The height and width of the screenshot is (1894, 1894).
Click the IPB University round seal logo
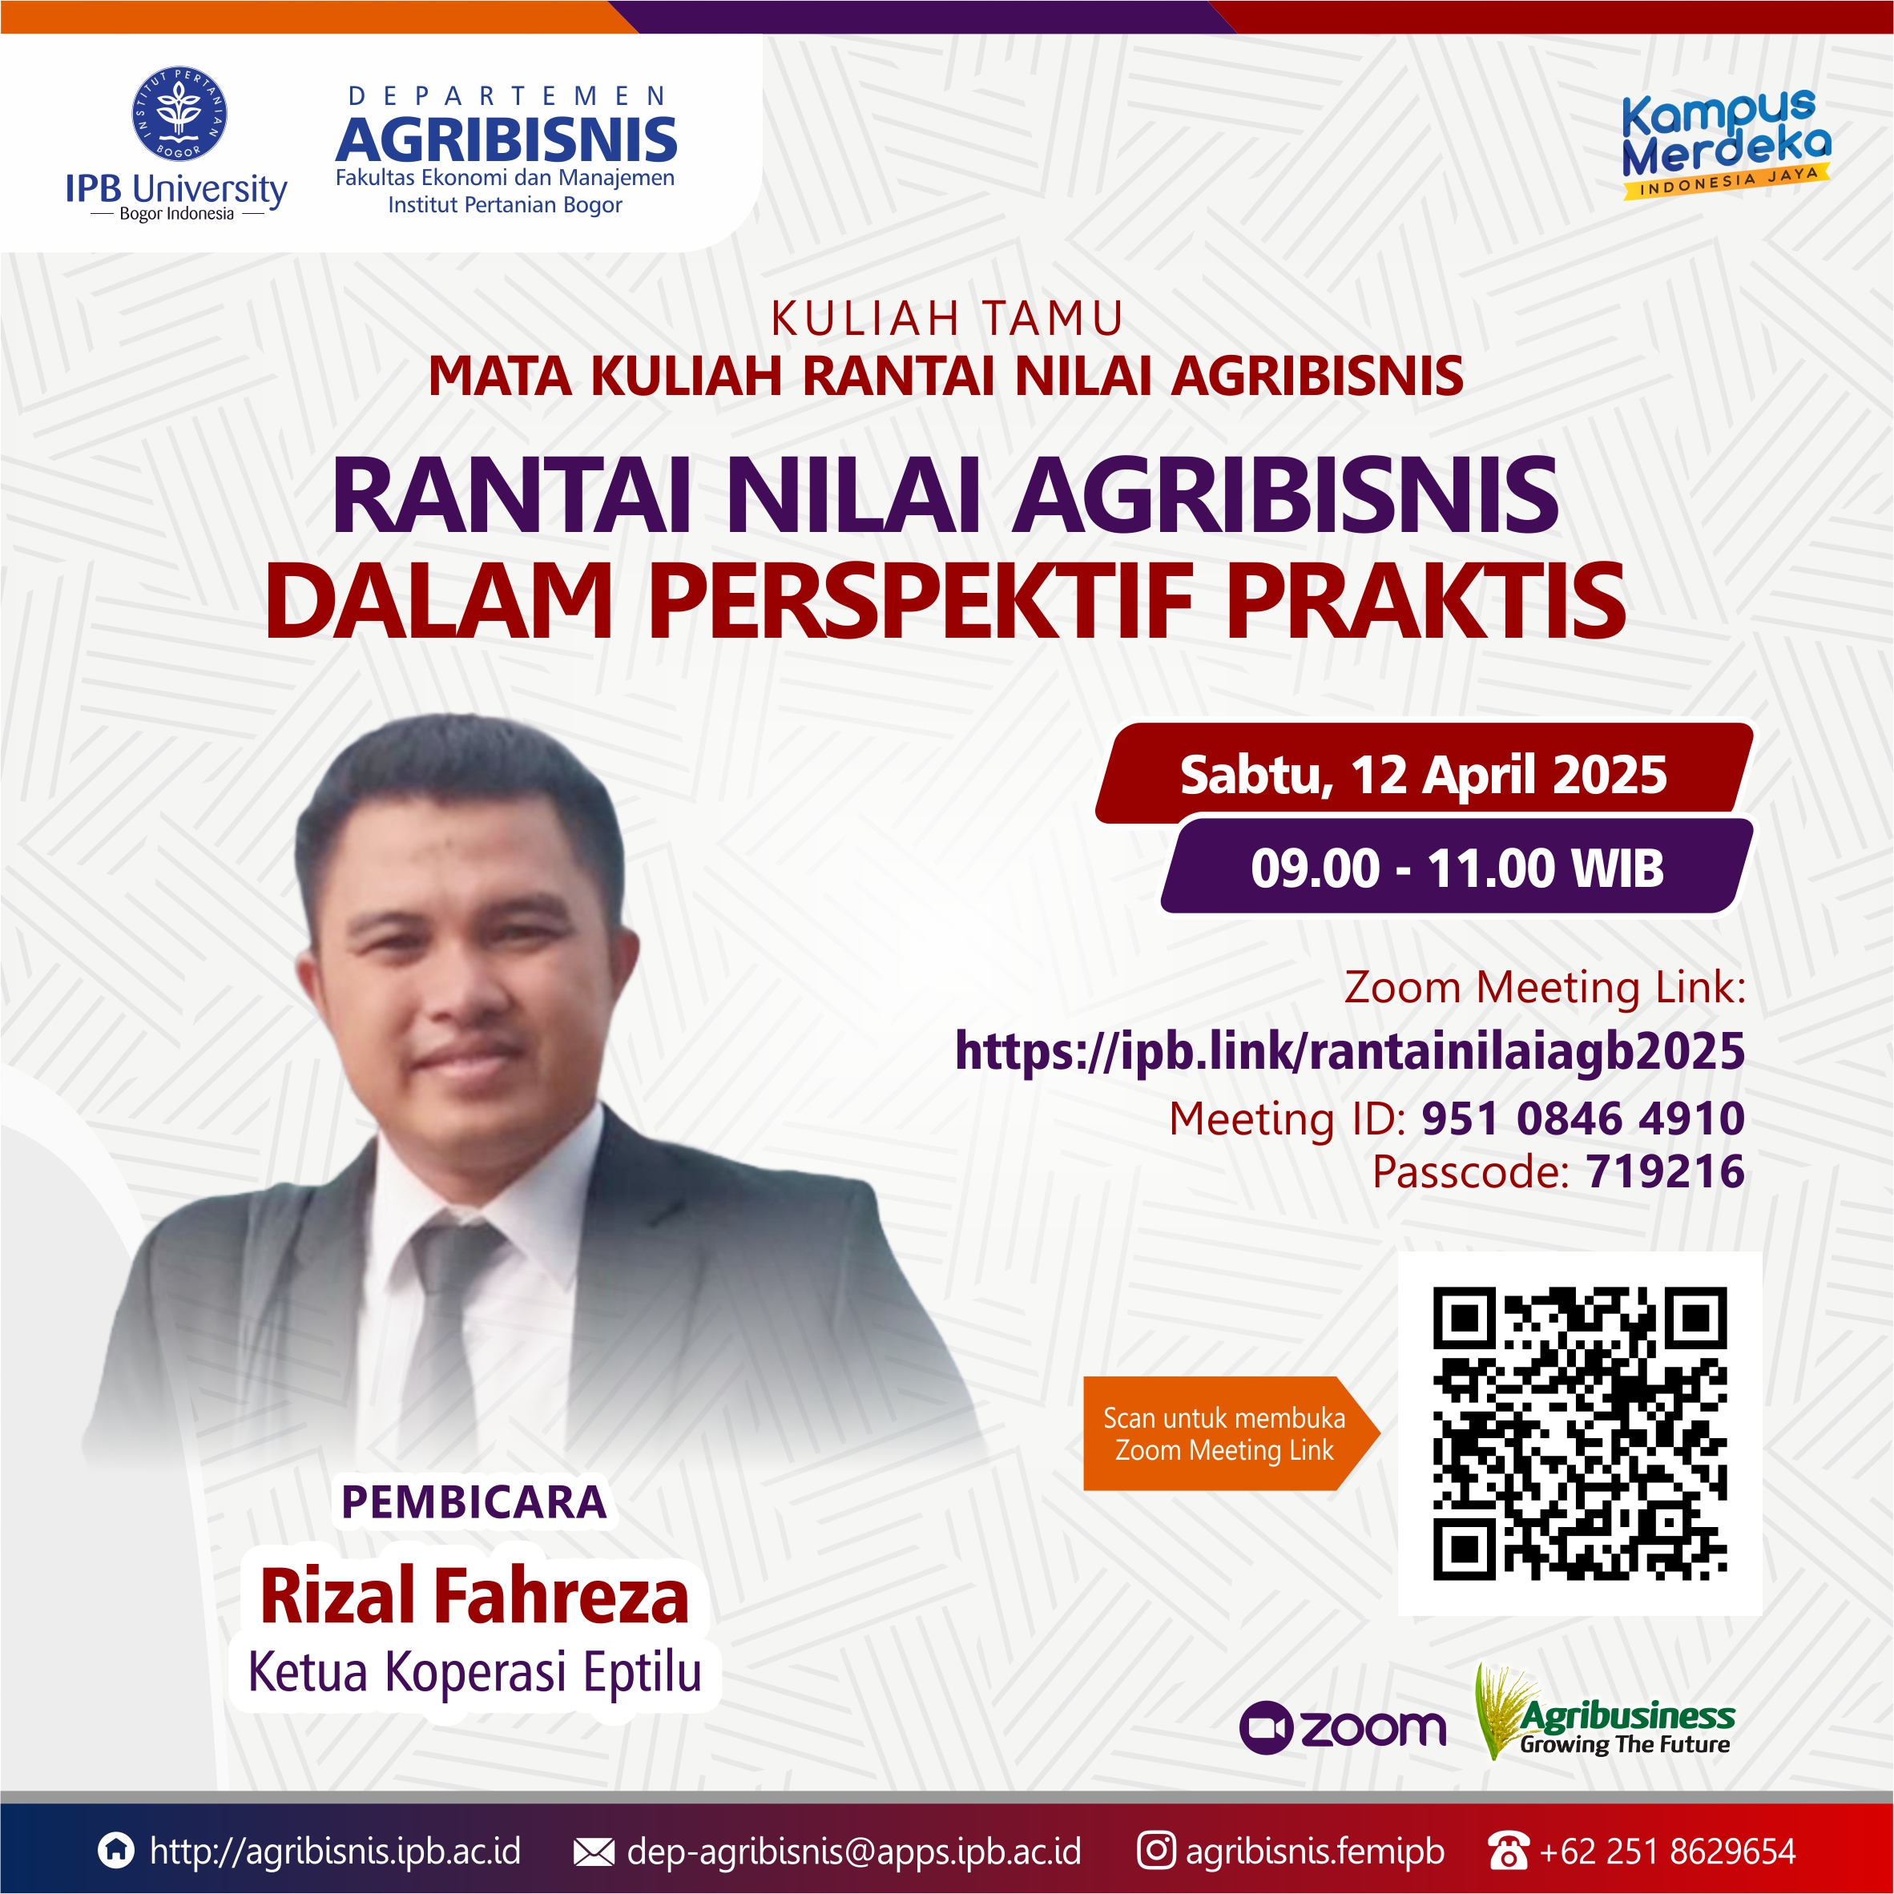(x=179, y=115)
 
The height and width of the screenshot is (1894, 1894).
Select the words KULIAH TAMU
(x=947, y=319)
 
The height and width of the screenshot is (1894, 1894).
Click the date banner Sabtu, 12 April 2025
(x=1422, y=775)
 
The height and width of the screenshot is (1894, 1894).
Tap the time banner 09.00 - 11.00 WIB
(x=1457, y=868)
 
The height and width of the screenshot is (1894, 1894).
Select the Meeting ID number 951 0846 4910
(x=1582, y=1118)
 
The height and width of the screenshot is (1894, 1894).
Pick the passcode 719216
(x=1665, y=1171)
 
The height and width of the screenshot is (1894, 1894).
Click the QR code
(x=1579, y=1433)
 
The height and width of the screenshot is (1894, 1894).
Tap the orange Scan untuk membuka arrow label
(x=1226, y=1433)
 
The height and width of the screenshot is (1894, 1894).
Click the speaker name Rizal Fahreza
(x=474, y=1596)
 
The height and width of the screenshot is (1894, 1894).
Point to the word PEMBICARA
(x=473, y=1502)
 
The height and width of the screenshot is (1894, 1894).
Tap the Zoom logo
(x=1342, y=1727)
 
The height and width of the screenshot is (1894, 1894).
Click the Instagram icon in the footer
(x=1156, y=1850)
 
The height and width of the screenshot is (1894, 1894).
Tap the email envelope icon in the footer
(x=593, y=1852)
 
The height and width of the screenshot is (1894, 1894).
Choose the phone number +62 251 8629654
(x=1666, y=1851)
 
